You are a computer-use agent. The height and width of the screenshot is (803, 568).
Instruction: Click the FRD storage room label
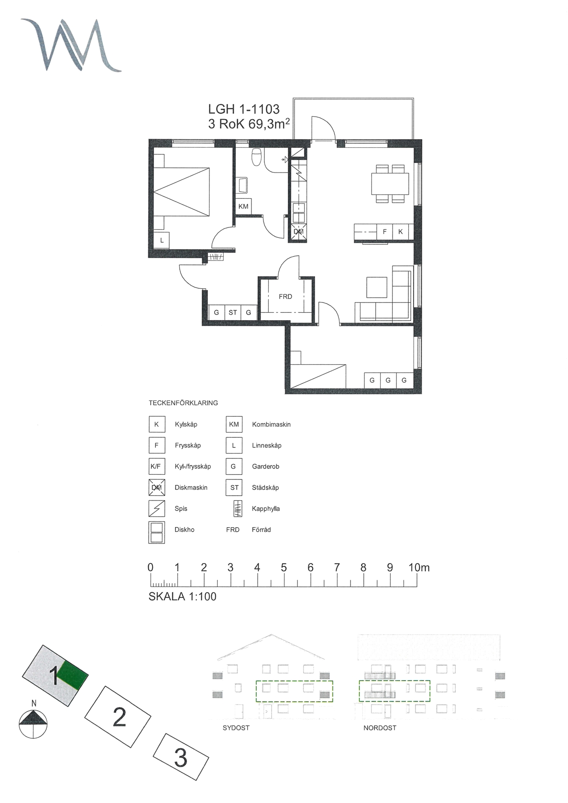[285, 296]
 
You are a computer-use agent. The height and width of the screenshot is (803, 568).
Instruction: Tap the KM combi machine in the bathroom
[243, 206]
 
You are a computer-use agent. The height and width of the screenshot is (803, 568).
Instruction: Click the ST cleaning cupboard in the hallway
[233, 313]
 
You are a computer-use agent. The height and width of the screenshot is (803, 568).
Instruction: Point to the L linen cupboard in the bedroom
[162, 240]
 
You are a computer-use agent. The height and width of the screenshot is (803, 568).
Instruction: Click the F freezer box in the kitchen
[385, 231]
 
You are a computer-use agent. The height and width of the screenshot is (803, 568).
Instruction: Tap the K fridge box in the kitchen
[401, 231]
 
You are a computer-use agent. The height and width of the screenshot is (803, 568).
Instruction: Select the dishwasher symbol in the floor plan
[298, 231]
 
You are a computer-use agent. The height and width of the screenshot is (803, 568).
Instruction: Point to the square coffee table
[377, 287]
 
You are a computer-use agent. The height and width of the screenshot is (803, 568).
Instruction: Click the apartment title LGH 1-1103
[244, 109]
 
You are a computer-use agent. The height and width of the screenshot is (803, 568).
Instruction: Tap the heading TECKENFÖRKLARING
[183, 403]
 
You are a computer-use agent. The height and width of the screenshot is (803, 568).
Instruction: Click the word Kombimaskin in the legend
[271, 424]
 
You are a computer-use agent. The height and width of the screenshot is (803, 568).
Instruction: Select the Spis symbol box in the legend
[157, 509]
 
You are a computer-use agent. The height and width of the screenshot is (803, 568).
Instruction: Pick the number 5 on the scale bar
[284, 567]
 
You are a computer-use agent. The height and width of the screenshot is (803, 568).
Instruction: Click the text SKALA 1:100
[183, 597]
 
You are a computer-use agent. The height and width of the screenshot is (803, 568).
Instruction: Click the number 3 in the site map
[181, 758]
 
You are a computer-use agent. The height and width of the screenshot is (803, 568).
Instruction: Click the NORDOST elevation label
[380, 728]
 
